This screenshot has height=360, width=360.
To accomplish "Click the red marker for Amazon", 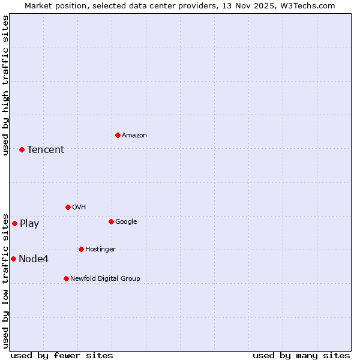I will (x=118, y=135).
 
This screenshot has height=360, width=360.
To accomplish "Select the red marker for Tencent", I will (x=22, y=149).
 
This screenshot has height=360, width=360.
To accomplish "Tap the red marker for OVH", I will (x=68, y=207).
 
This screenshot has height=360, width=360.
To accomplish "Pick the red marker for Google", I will (x=111, y=221).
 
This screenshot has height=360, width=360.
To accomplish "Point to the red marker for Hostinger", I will (x=81, y=249).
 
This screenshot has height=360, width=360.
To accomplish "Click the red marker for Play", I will (x=14, y=223).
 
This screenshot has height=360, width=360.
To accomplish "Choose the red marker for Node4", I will (x=13, y=259).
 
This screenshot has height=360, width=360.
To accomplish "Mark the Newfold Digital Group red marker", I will (x=66, y=278).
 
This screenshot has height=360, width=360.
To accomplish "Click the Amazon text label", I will (x=134, y=136).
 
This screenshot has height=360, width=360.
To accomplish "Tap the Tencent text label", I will (x=46, y=150).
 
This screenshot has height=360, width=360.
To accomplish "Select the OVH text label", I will (x=79, y=208).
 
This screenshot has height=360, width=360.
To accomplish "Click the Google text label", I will (x=126, y=222).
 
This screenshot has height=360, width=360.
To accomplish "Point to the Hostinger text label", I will (x=100, y=250).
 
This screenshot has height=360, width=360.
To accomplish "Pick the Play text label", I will (x=29, y=224).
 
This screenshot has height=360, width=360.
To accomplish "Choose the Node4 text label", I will (x=34, y=259).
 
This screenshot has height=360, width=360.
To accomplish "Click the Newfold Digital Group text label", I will (x=105, y=279).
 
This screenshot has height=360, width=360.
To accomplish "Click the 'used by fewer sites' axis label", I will (x=62, y=355).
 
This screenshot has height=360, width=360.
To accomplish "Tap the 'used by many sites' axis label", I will (x=301, y=355).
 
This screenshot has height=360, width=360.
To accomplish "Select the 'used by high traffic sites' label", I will (x=5, y=85).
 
